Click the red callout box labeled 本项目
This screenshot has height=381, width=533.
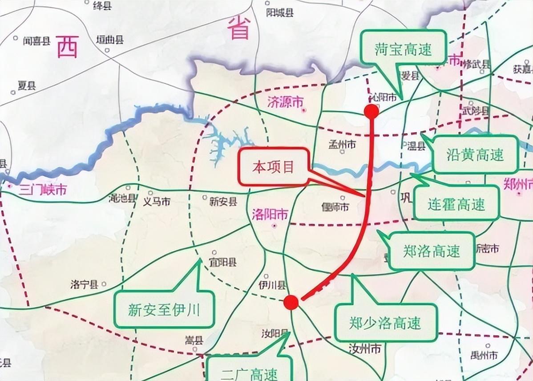pyautogui.click(x=273, y=167)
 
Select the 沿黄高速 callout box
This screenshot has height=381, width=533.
pyautogui.click(x=474, y=154)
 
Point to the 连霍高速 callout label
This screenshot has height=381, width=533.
pyautogui.click(x=456, y=203)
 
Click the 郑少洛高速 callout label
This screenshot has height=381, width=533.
pyautogui.click(x=385, y=322)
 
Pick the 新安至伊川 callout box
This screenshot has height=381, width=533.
pyautogui.click(x=164, y=309)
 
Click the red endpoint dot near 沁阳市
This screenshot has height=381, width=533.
pyautogui.click(x=371, y=111)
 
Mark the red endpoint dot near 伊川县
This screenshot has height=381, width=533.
pyautogui.click(x=291, y=302)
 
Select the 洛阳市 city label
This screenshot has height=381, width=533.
pyautogui.click(x=269, y=214)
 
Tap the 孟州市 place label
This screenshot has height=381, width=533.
pyautogui.click(x=342, y=144)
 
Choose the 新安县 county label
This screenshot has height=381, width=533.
pyautogui.click(x=223, y=201)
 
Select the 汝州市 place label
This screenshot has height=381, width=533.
pyautogui.click(x=365, y=349)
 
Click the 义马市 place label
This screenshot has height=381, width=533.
pyautogui.click(x=156, y=202)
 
